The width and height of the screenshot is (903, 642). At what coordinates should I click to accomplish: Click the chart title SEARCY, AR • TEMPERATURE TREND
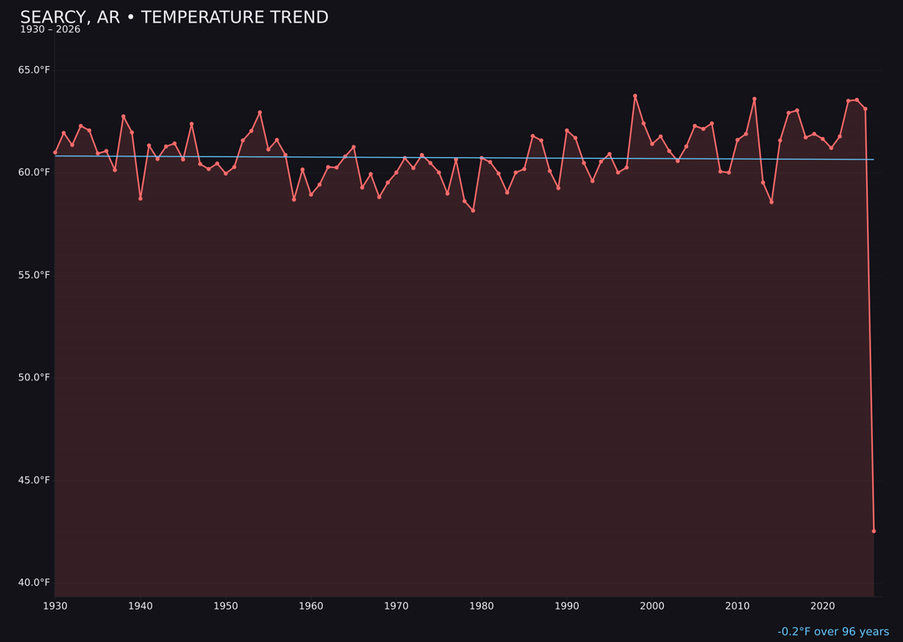point(174,18)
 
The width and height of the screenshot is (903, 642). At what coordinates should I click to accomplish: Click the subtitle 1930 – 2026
point(50,30)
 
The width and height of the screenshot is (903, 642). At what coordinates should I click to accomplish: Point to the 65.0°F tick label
point(34,70)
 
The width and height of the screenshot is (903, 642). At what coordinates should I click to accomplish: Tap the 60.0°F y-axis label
point(34,172)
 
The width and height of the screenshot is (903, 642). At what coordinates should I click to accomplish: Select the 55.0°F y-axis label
point(34,275)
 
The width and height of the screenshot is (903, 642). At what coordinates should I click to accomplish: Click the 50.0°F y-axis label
point(34,378)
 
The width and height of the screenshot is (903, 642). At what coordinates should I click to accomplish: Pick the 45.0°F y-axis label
point(34,480)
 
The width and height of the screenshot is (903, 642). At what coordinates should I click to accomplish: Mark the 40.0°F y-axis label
point(34,583)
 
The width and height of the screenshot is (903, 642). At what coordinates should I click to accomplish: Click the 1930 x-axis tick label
point(55,606)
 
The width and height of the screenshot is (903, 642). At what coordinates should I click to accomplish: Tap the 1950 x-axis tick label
point(226,606)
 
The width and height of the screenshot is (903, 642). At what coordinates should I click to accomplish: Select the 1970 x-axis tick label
point(396,606)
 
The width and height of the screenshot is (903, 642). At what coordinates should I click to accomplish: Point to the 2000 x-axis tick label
point(652,606)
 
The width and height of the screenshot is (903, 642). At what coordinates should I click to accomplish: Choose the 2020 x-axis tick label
point(823,606)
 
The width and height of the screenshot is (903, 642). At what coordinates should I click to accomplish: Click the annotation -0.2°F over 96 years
point(833,632)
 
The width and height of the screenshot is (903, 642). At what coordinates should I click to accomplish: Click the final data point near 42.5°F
point(874,531)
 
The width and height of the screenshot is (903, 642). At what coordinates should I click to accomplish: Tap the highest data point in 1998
point(635,96)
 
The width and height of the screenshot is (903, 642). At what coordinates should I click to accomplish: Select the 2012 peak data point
point(754,99)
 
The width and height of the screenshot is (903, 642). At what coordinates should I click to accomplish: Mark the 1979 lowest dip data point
point(473,211)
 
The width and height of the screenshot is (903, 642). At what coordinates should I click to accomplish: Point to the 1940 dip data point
point(140,198)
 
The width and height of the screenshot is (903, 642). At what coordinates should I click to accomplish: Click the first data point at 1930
point(55,152)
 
